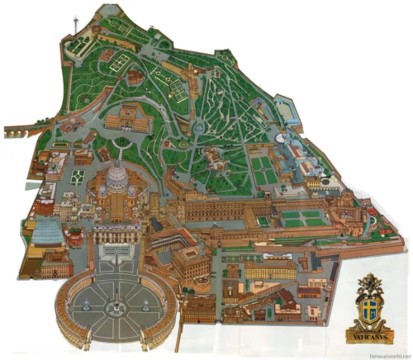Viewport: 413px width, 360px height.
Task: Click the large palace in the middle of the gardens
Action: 129,121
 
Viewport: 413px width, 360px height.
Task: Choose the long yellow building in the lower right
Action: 269,271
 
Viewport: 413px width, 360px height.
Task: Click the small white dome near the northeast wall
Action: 281,139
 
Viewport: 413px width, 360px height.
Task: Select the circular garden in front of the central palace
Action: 122,142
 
